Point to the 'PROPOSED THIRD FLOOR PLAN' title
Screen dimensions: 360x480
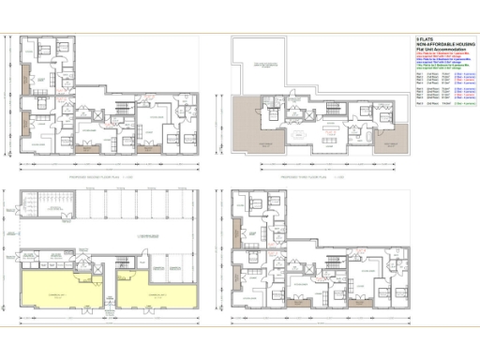tap(301, 175)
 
